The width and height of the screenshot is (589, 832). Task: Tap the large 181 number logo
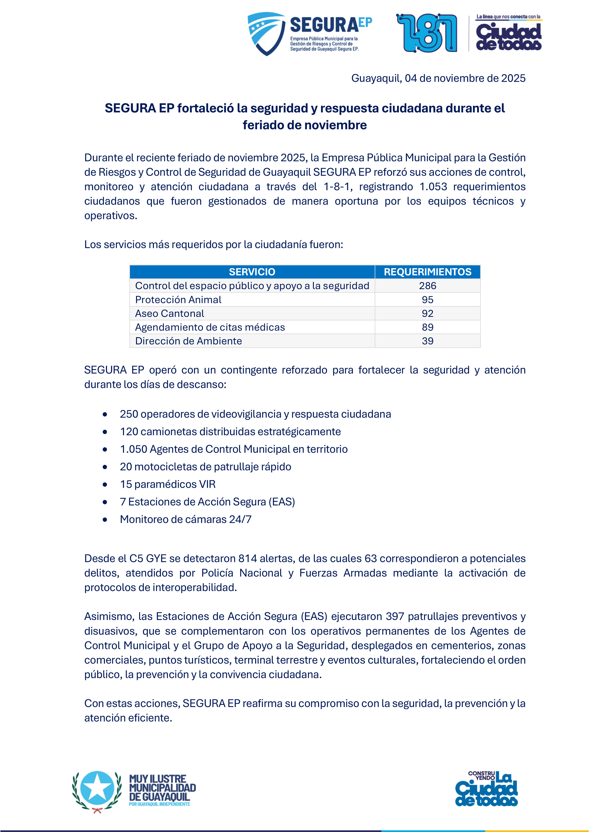click(x=427, y=33)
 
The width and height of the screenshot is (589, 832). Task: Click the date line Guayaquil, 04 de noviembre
click(x=438, y=78)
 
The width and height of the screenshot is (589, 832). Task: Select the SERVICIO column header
click(x=252, y=272)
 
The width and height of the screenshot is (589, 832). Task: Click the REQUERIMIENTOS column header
click(x=428, y=272)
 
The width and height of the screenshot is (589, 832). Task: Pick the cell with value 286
click(x=428, y=286)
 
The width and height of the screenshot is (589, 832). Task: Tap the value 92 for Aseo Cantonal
click(x=428, y=314)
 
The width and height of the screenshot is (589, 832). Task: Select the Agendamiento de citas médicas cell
click(x=210, y=327)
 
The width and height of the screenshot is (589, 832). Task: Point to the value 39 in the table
click(x=428, y=341)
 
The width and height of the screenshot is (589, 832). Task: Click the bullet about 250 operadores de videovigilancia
click(x=255, y=414)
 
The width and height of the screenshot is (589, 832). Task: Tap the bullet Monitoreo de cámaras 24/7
click(x=186, y=519)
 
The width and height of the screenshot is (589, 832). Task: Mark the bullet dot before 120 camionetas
click(x=105, y=432)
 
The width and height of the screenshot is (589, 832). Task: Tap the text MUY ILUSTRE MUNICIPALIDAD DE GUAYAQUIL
click(x=162, y=788)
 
